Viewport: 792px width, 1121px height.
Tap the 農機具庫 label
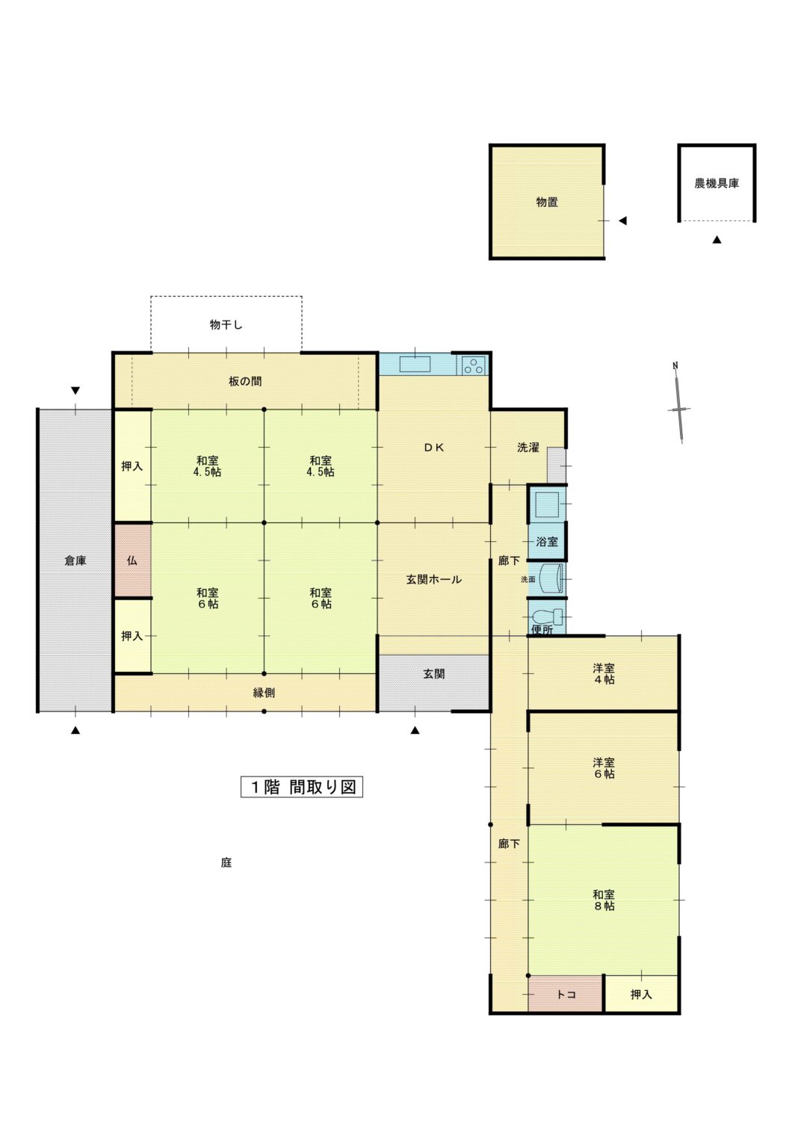[x=716, y=183]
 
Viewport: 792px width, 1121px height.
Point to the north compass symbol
[x=678, y=404]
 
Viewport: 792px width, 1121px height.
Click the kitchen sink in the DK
[x=414, y=364]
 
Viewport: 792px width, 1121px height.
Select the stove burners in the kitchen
[x=473, y=366]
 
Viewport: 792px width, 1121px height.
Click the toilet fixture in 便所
[x=547, y=617]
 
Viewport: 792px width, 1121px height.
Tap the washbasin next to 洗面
[x=553, y=578]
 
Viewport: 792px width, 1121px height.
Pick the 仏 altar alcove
[x=132, y=560]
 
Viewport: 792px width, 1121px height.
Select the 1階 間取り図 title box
[x=302, y=787]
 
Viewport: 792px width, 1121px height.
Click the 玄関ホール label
[x=433, y=579]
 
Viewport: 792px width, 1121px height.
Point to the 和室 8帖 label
[x=604, y=900]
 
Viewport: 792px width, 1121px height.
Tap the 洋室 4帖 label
[x=604, y=673]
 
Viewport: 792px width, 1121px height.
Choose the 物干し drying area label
[x=226, y=325]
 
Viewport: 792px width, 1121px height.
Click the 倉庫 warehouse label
[x=75, y=560]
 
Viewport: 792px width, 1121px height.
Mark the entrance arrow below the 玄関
[x=415, y=731]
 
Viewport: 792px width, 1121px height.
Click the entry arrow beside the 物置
[x=622, y=220]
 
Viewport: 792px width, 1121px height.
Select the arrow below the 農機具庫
[x=717, y=240]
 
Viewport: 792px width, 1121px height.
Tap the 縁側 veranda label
[x=264, y=693]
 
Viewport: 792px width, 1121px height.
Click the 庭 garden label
[x=226, y=862]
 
